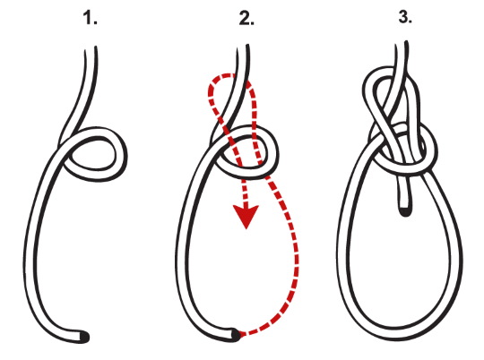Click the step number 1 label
[x=91, y=19]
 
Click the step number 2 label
[x=246, y=19]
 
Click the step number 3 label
[x=405, y=17]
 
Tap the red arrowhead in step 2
[x=246, y=217]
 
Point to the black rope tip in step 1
[x=84, y=337]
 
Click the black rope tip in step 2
[x=236, y=335]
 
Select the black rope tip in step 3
[x=405, y=212]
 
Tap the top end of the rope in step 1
[x=91, y=47]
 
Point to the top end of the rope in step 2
[x=243, y=46]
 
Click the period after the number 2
[x=252, y=23]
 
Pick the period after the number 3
[x=411, y=21]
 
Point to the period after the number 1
[x=95, y=23]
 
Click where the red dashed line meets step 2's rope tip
[x=240, y=334]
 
